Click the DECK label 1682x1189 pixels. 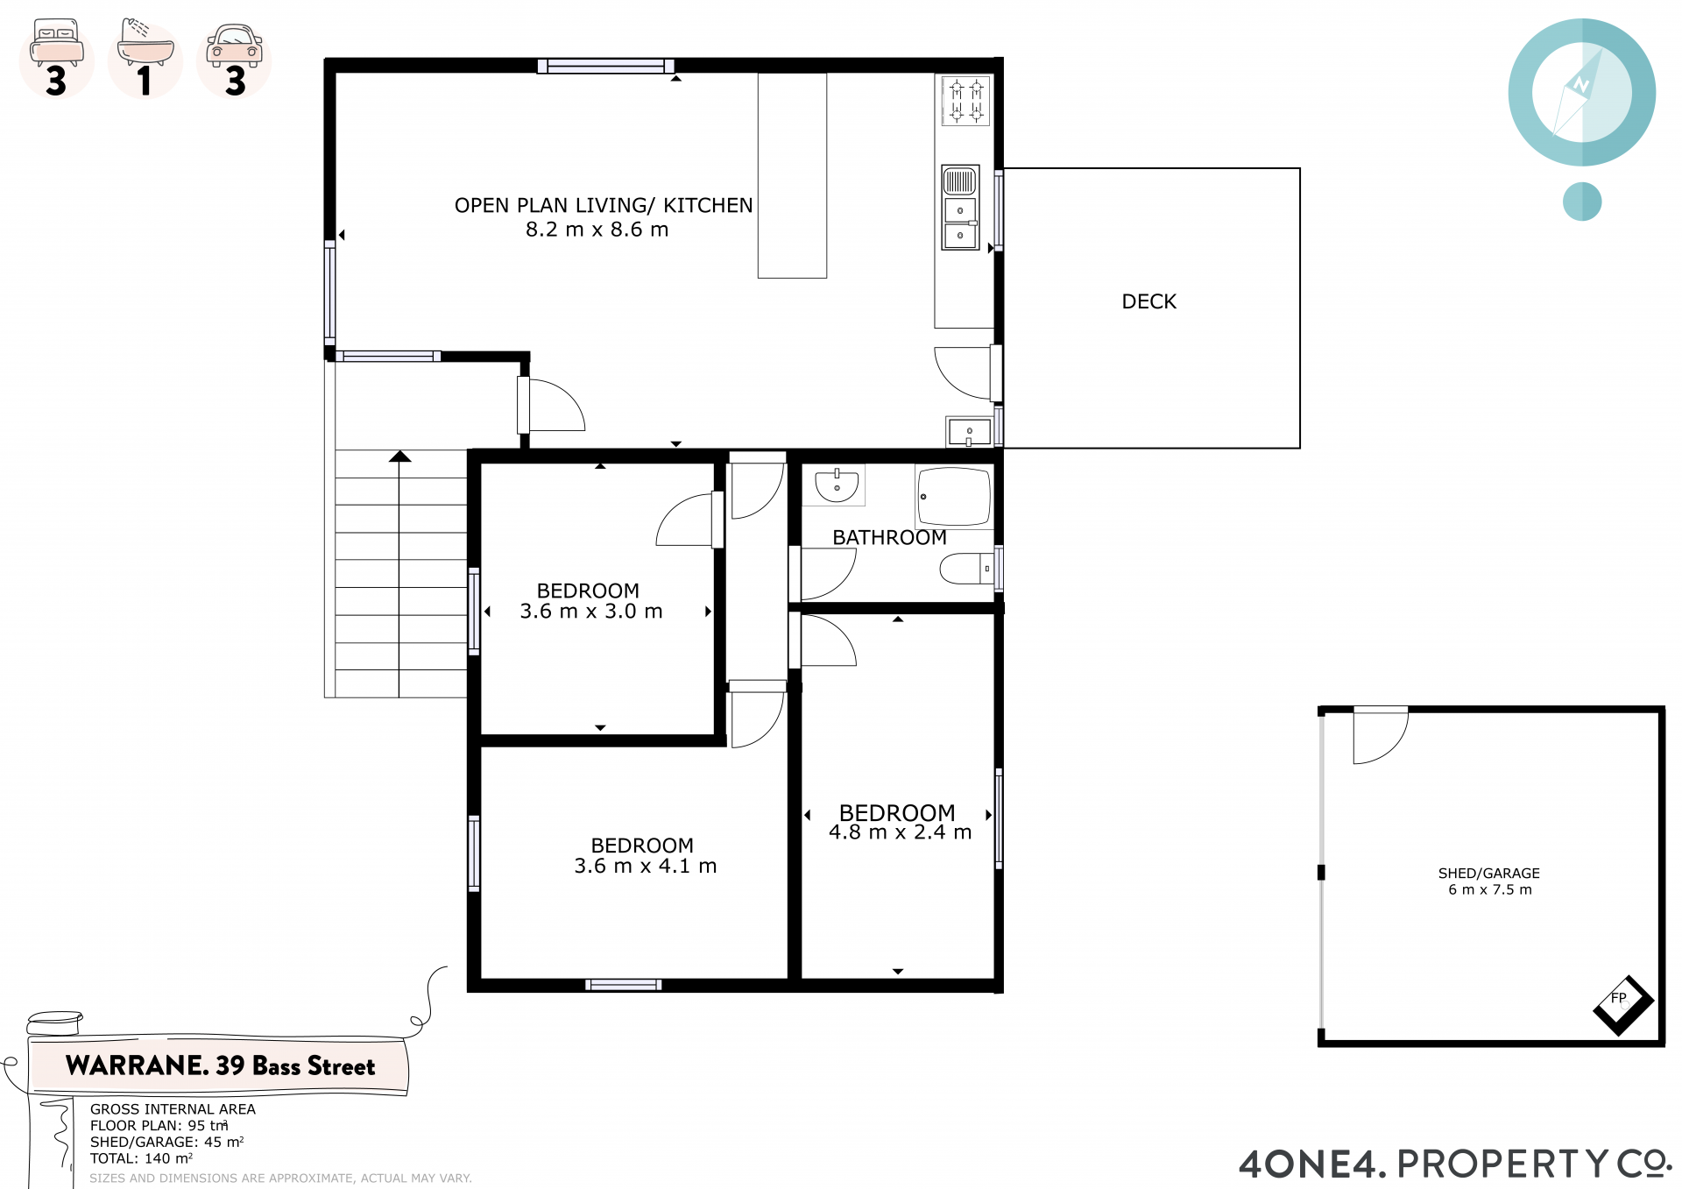click(1148, 301)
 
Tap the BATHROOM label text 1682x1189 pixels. click(889, 537)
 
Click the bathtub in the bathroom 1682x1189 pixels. click(954, 496)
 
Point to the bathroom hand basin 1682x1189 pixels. click(837, 485)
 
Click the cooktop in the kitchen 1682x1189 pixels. click(965, 101)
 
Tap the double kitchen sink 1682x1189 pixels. click(960, 208)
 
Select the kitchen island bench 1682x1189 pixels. click(792, 175)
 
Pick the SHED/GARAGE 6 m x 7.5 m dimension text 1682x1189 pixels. click(1489, 881)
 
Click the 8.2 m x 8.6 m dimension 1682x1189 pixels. click(597, 230)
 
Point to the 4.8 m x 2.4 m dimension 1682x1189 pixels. click(901, 832)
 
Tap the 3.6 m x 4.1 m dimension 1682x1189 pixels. click(646, 867)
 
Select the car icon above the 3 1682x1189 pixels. click(234, 46)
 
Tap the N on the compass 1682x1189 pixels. click(1580, 85)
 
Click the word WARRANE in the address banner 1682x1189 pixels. click(137, 1065)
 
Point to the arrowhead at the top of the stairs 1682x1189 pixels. click(400, 456)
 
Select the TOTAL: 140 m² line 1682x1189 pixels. click(141, 1158)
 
